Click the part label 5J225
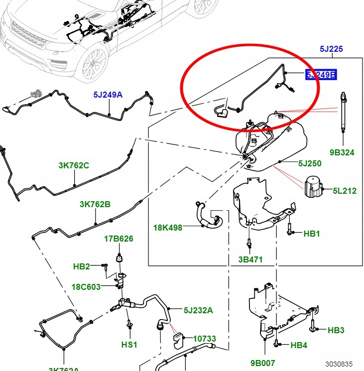(331, 49)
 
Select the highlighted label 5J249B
(321, 75)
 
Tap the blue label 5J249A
(107, 95)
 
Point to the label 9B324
(342, 152)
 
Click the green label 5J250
(310, 163)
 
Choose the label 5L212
(345, 190)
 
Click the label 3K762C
(74, 165)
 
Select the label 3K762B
(95, 204)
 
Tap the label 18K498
(168, 228)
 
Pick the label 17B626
(119, 239)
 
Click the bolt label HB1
(312, 233)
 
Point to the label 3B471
(250, 259)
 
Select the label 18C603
(86, 287)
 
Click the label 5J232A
(198, 310)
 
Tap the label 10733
(204, 339)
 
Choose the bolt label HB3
(336, 330)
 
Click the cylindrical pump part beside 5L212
(312, 187)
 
